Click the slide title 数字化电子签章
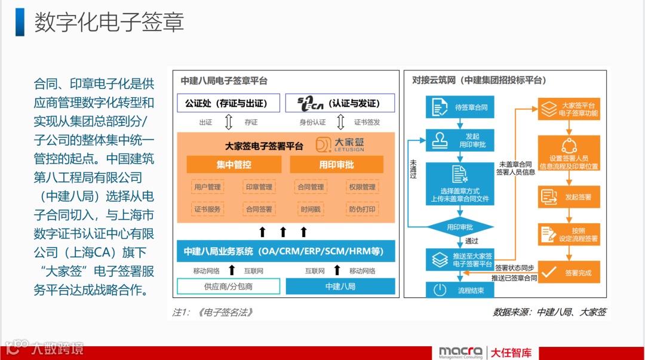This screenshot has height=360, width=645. (109, 22)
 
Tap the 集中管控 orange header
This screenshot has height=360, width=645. (234, 165)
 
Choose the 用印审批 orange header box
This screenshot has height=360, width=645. (336, 165)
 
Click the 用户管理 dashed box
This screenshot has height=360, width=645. (207, 187)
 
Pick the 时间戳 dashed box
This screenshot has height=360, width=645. (311, 210)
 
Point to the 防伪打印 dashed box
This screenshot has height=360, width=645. (362, 210)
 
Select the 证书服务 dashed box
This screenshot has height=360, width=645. (207, 210)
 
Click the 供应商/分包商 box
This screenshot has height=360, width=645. (228, 287)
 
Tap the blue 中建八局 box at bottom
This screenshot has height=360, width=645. (340, 287)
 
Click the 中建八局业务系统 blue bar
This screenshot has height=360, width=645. (286, 251)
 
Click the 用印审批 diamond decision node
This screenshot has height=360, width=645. (459, 227)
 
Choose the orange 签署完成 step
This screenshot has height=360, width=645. (569, 273)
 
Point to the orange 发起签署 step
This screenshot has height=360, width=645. (569, 196)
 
